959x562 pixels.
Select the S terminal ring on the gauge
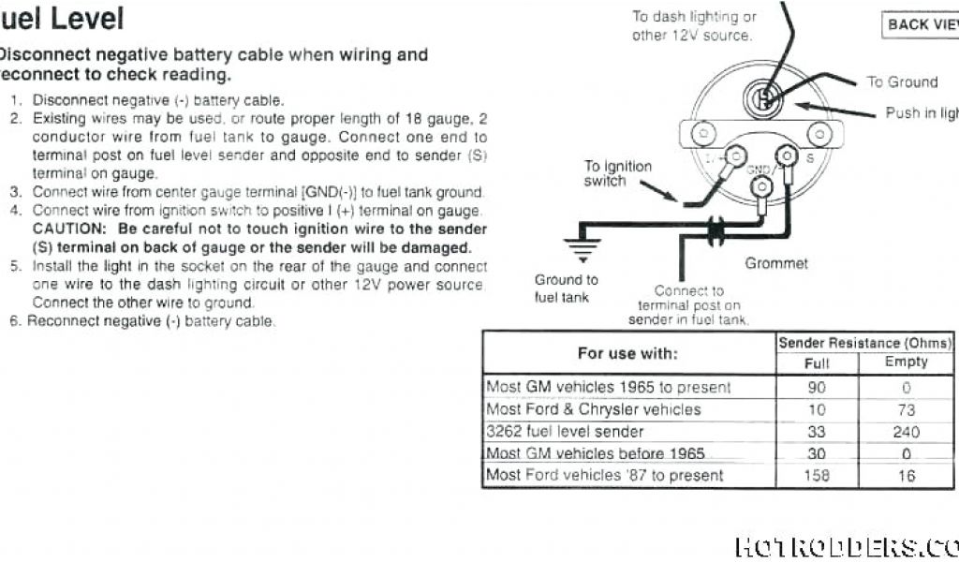(788, 155)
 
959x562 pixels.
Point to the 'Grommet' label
(775, 264)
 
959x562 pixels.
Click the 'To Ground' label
(902, 82)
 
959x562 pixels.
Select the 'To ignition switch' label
(617, 173)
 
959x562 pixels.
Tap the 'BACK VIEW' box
(922, 24)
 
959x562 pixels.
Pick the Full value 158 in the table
(817, 476)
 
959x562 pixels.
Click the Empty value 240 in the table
(906, 432)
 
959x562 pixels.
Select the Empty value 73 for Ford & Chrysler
(906, 409)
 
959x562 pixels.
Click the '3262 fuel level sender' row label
(565, 432)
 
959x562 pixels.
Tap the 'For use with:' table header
(627, 353)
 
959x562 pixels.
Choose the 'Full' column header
(817, 363)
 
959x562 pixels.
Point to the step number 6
(15, 321)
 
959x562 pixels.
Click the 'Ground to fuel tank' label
(565, 288)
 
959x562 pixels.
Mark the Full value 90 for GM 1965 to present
(817, 387)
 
